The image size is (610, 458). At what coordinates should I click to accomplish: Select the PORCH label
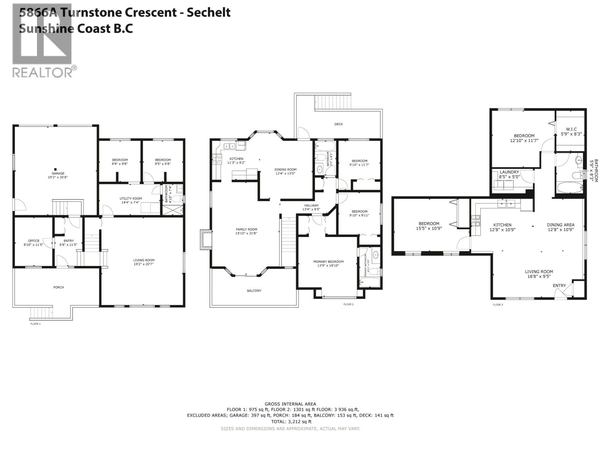[x=59, y=287]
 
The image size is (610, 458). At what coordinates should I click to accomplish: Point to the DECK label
[x=339, y=124]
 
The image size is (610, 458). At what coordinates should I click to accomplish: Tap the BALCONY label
[x=254, y=290]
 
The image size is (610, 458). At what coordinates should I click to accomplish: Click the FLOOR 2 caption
[x=348, y=304]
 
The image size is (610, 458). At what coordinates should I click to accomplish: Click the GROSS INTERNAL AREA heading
[x=290, y=404]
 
